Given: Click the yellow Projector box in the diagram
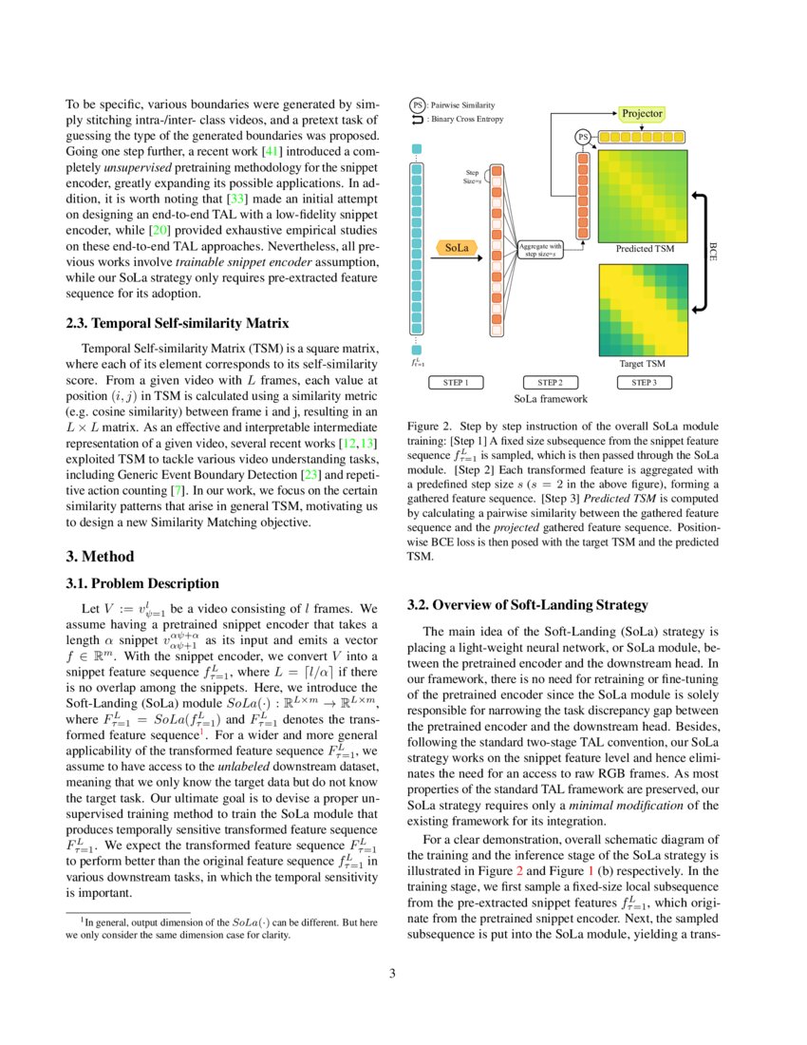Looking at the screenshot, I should [x=643, y=113].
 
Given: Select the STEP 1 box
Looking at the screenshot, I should [x=456, y=382].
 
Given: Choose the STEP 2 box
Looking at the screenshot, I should [x=550, y=382].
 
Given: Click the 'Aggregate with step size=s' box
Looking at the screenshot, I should [x=541, y=249].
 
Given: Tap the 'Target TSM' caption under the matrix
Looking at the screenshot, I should [x=642, y=363].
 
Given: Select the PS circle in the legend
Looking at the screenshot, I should [x=417, y=104].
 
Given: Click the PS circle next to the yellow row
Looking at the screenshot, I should [x=583, y=137].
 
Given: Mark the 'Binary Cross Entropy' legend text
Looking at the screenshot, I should [x=465, y=120].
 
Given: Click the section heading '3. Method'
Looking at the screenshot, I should [x=100, y=556].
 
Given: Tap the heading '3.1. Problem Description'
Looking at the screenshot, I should [x=142, y=583].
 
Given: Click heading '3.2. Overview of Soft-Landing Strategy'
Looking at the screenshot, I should [x=527, y=604].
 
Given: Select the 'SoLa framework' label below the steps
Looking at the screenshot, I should [x=550, y=399].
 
